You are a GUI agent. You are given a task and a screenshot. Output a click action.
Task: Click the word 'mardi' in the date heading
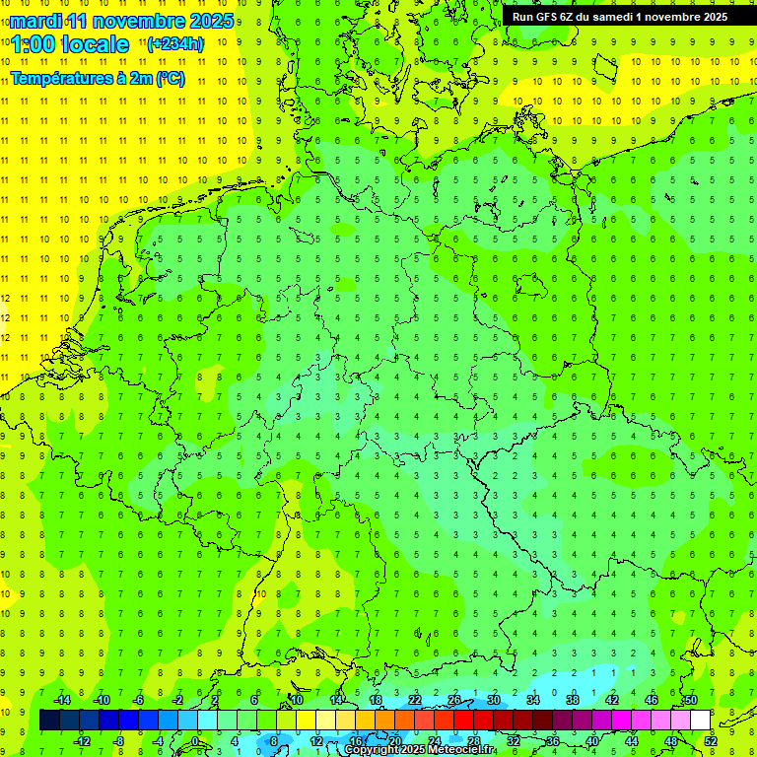35,21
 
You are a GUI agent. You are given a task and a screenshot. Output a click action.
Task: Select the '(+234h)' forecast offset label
174,43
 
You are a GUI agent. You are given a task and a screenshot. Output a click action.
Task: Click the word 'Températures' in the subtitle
59,79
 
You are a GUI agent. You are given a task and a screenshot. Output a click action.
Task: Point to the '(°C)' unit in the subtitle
170,79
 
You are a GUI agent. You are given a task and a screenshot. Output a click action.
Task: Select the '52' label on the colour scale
710,740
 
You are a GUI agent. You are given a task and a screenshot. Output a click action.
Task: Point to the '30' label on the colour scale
494,700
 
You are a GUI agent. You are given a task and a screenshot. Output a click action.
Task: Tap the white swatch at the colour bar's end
700,721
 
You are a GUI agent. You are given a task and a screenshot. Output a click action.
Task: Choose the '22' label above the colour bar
415,700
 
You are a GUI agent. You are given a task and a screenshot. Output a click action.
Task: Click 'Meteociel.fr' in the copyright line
461,750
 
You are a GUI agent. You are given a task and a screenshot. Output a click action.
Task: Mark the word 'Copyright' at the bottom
372,750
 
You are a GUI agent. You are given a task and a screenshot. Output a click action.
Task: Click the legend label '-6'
139,700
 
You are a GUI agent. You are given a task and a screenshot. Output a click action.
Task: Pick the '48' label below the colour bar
671,740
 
